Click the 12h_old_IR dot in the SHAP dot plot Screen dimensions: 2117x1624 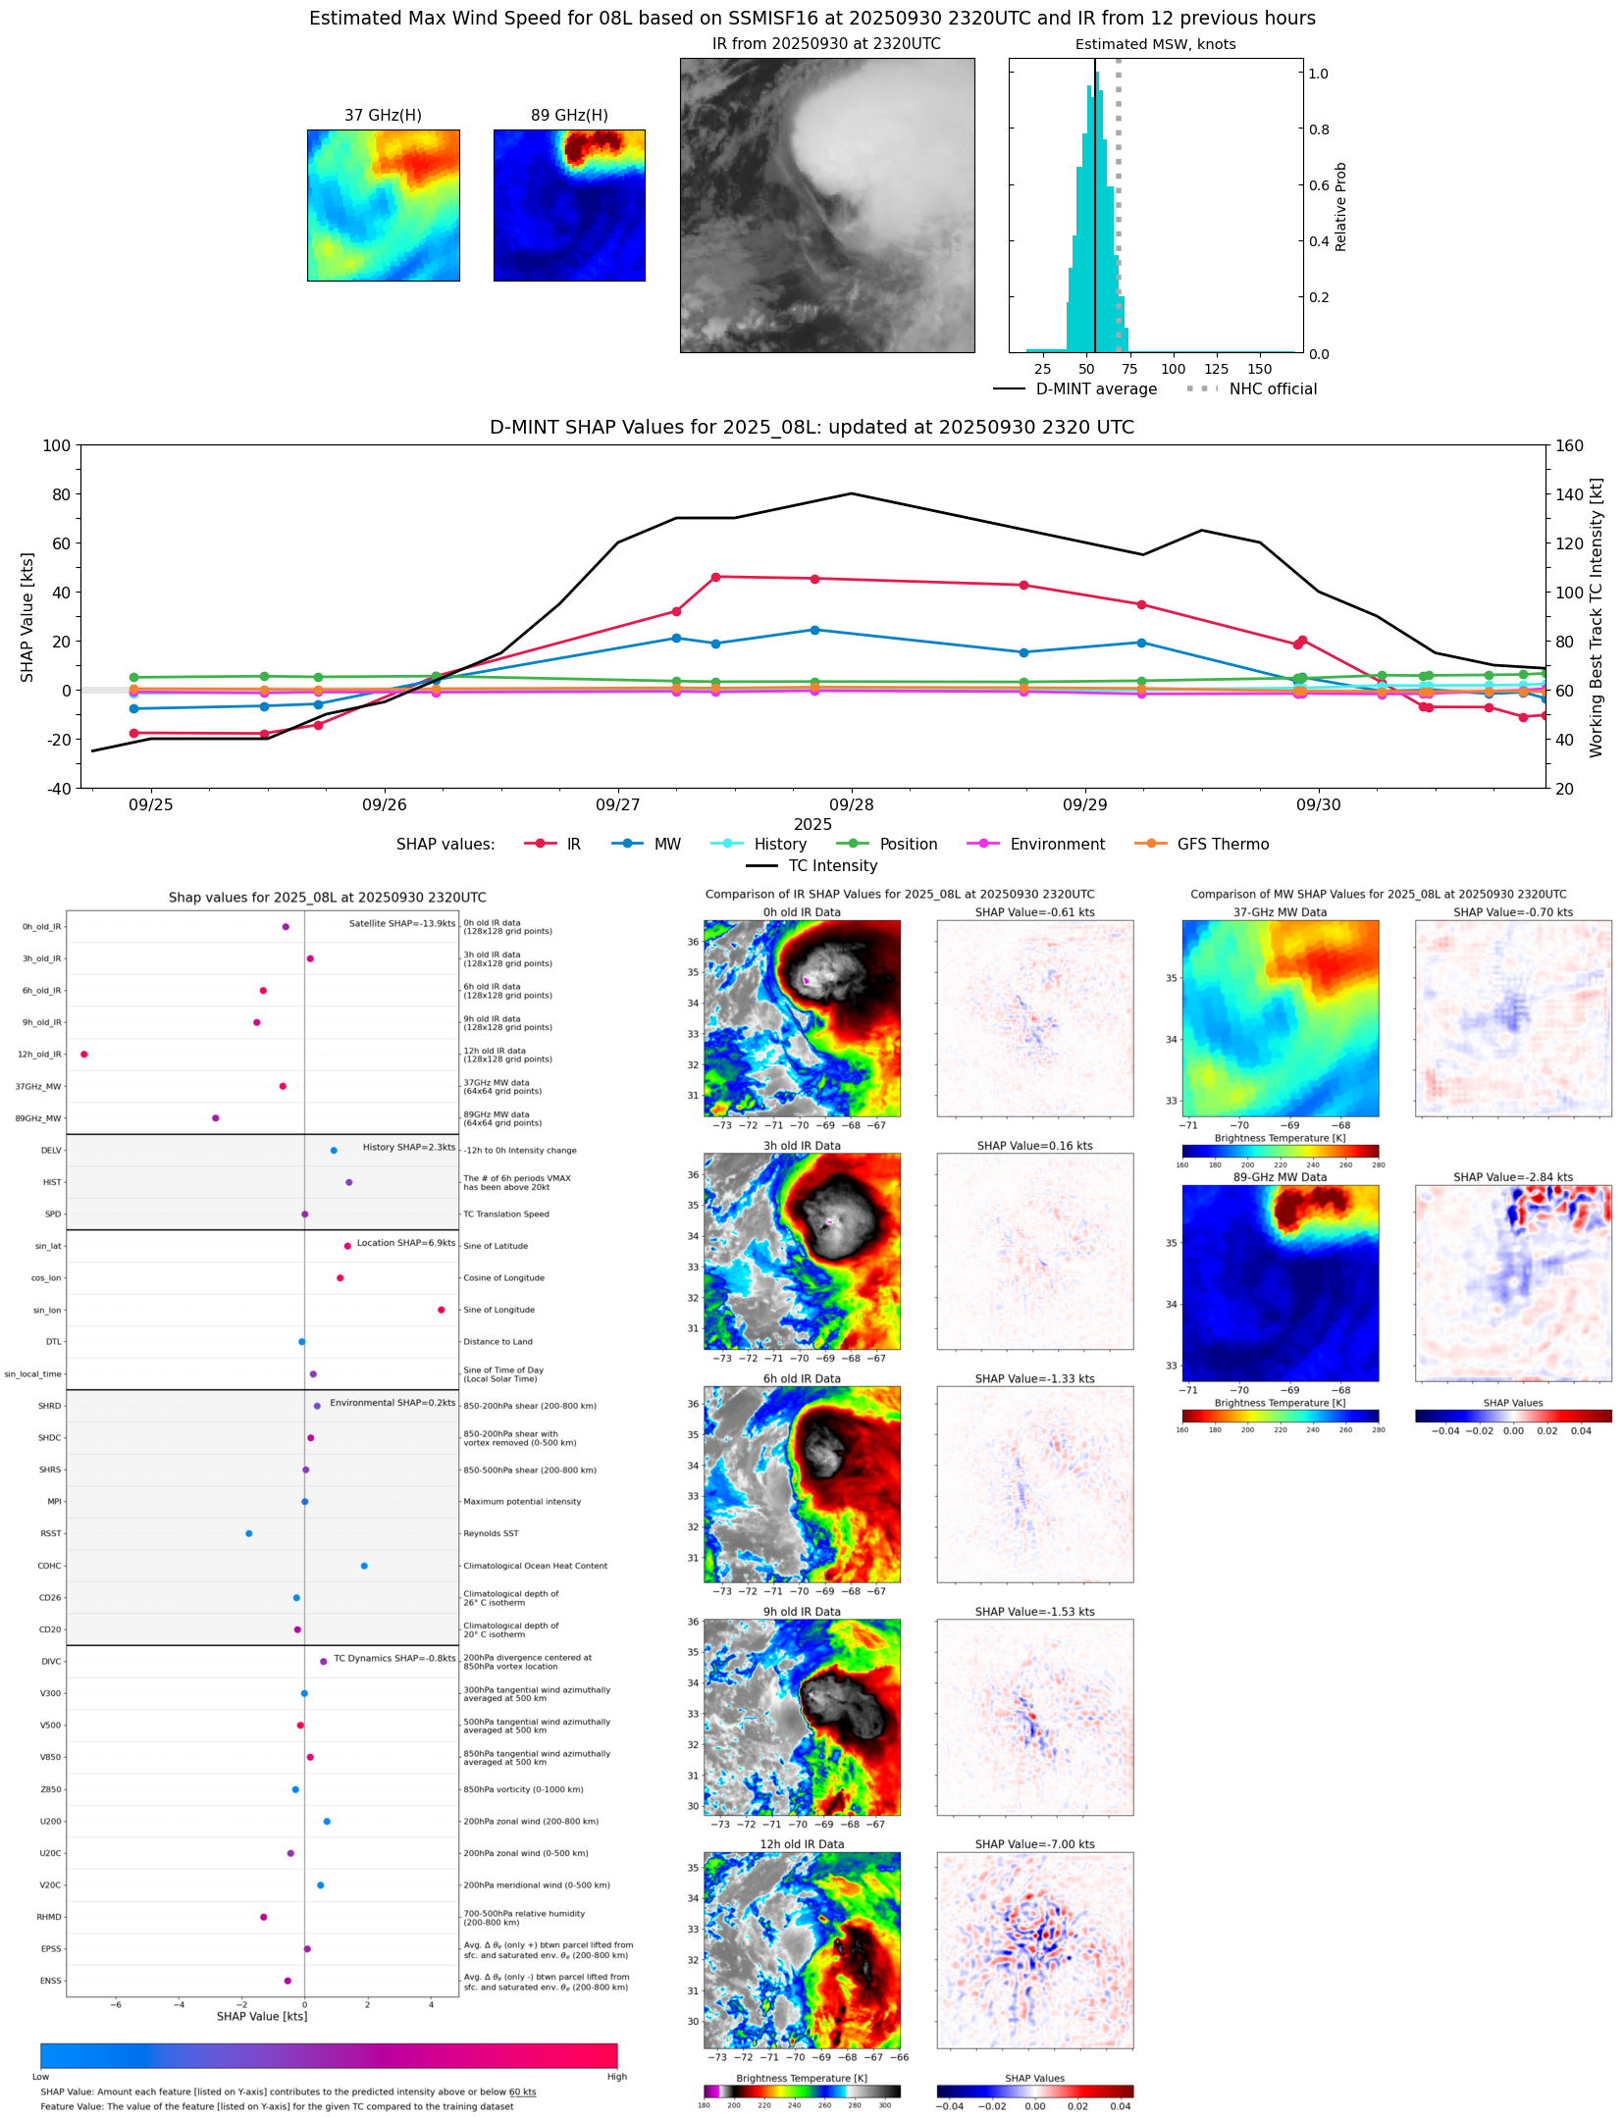click(84, 1055)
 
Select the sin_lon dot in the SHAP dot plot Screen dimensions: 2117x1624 click(442, 1310)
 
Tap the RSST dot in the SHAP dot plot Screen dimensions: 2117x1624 click(248, 1533)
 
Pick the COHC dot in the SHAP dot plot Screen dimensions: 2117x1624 click(364, 1566)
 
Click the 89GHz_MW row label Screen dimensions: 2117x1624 click(38, 1118)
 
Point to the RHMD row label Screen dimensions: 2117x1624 click(49, 1917)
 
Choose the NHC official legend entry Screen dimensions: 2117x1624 click(1273, 388)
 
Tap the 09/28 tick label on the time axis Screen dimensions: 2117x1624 click(851, 804)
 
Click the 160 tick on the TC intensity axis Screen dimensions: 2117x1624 click(1570, 445)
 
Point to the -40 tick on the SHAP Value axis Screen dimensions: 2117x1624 click(57, 788)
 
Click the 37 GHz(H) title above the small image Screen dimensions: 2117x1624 click(383, 116)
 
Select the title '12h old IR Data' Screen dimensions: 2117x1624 click(802, 1844)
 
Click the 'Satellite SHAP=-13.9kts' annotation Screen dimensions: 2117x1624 click(402, 923)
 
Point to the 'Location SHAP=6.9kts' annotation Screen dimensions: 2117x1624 click(405, 1243)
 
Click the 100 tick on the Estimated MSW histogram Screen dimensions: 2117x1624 click(1173, 369)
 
